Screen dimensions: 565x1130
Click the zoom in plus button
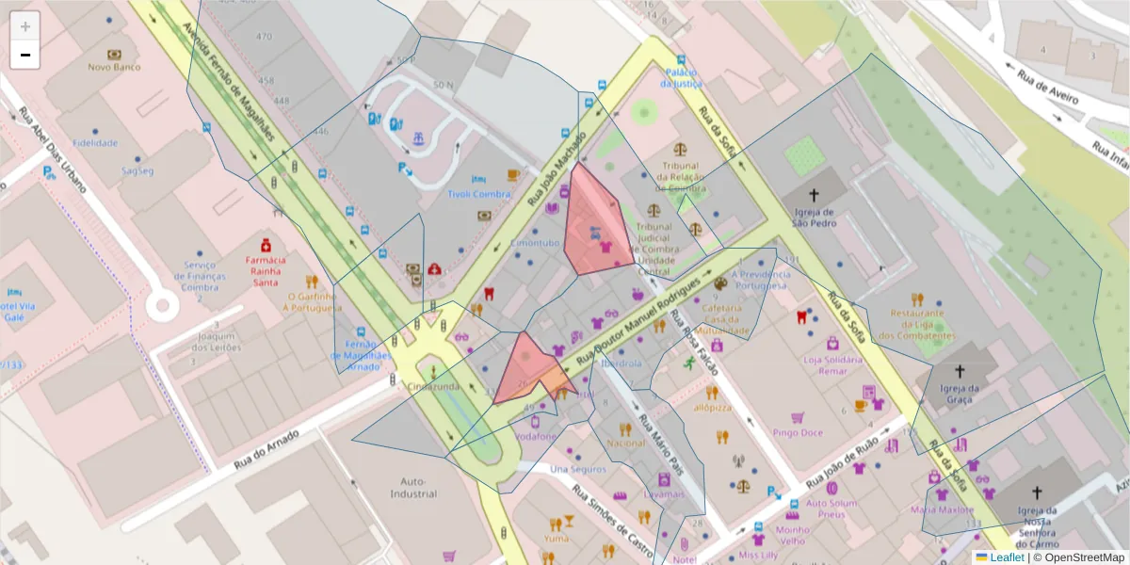[x=25, y=26]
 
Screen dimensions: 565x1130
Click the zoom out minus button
[x=25, y=55]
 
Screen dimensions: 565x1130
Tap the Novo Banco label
[x=114, y=67]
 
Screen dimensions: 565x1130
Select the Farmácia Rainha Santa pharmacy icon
[x=266, y=244]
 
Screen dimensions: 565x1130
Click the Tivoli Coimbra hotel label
[x=478, y=195]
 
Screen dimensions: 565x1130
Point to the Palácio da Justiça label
[x=681, y=77]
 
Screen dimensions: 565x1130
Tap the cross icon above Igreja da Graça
[x=960, y=372]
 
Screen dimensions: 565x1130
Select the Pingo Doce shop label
[x=798, y=433]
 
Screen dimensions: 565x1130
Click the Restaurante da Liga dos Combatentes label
[x=916, y=324]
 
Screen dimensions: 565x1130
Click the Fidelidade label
[x=94, y=143]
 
